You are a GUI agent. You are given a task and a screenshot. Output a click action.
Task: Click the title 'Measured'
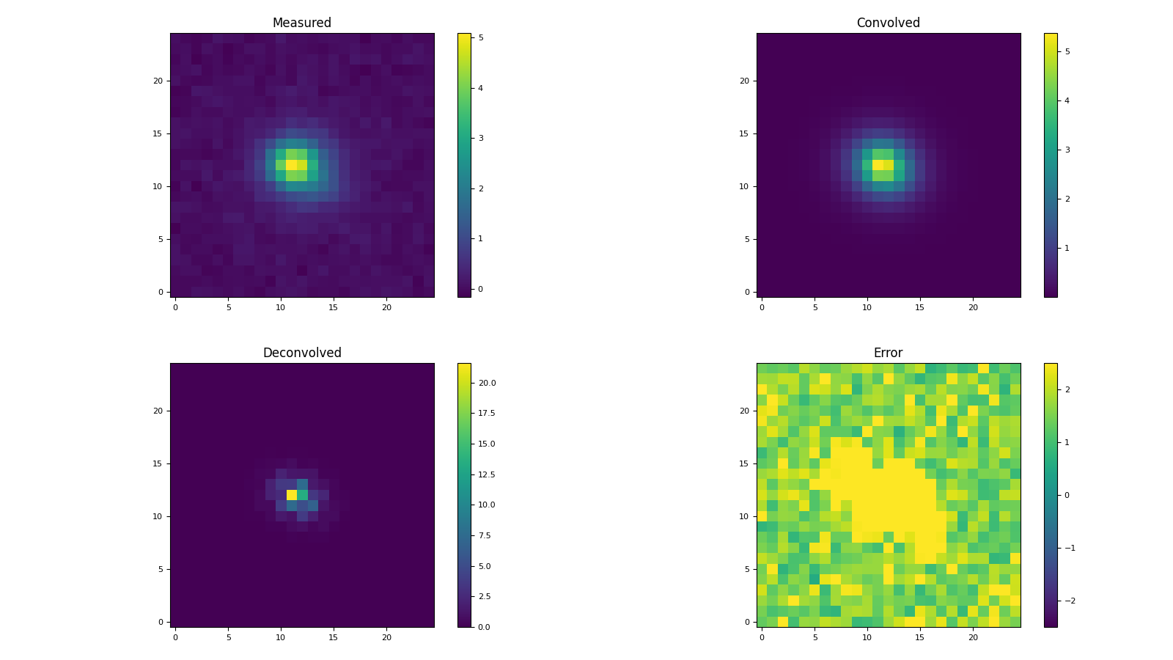click(301, 23)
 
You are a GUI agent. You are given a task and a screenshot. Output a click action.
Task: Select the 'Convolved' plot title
click(888, 23)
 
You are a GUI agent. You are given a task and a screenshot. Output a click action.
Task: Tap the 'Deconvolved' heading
click(301, 353)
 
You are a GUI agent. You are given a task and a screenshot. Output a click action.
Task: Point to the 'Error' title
click(888, 353)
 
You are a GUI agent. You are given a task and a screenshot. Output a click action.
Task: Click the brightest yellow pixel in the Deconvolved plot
click(292, 495)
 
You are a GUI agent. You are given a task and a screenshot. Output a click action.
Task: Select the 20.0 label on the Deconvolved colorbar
click(488, 383)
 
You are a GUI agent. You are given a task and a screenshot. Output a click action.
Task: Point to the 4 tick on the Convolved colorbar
click(1067, 100)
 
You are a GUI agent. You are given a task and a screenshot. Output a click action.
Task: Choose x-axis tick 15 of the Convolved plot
click(919, 308)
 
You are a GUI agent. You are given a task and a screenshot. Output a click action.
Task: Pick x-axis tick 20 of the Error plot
click(973, 638)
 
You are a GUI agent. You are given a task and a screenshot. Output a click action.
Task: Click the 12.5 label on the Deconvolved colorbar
click(488, 474)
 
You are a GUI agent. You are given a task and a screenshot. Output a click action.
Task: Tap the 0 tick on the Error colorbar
click(1067, 495)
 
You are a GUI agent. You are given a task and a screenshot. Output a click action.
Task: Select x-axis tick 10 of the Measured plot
click(281, 308)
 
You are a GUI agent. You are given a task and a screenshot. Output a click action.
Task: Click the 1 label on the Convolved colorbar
click(1067, 248)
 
